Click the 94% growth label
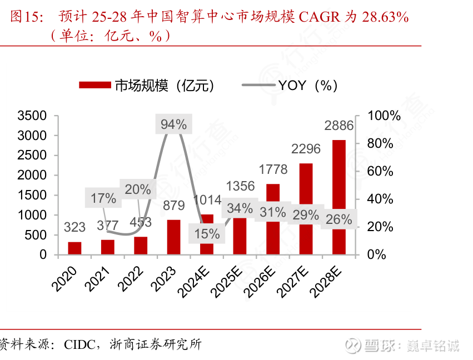point(173,124)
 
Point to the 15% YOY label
point(207,234)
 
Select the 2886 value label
point(339,126)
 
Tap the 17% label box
point(103,198)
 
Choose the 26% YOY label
point(339,219)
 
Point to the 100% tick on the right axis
point(384,116)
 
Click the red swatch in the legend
point(95,85)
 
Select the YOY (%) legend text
point(308,86)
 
